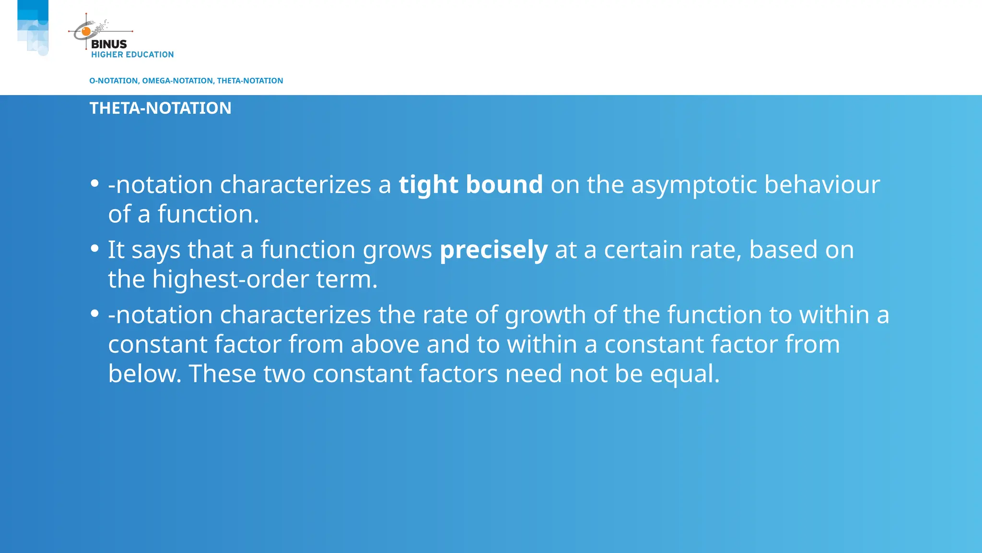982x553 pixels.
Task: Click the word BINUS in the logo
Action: point(109,44)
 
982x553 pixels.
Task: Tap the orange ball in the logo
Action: point(86,32)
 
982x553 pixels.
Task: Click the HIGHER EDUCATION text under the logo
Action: point(132,55)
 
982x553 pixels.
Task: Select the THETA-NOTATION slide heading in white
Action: point(160,108)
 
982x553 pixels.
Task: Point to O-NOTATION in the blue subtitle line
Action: point(114,81)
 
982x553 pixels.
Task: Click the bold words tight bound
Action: point(470,185)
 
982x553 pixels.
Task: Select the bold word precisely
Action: point(493,250)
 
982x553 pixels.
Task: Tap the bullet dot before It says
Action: point(95,248)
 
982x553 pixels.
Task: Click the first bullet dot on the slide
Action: point(95,183)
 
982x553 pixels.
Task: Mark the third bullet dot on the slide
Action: point(95,313)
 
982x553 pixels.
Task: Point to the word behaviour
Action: point(822,185)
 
